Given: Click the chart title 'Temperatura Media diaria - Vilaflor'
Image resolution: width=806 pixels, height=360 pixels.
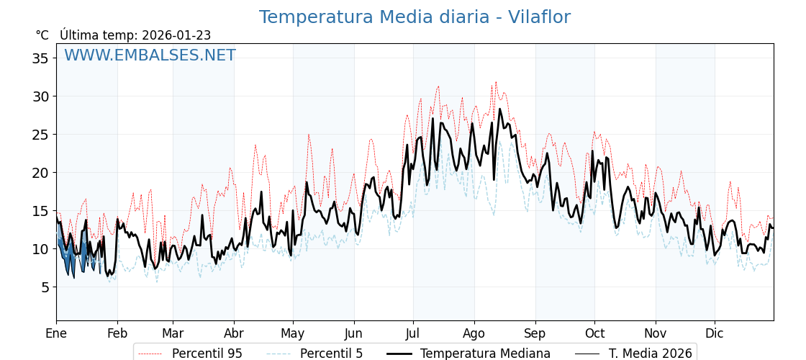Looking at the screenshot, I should click(x=415, y=17).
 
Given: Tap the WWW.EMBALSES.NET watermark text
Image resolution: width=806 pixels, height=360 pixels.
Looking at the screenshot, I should click(x=150, y=55).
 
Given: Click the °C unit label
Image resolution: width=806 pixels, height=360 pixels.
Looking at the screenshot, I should click(x=42, y=35).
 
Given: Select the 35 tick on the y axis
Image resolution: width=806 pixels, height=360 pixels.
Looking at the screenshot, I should click(x=40, y=58).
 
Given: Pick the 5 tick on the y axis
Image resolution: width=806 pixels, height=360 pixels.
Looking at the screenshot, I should click(x=45, y=287).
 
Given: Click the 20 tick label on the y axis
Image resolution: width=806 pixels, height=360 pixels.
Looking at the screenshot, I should click(x=40, y=173).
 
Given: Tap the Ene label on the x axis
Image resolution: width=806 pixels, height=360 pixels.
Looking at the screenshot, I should click(x=56, y=333).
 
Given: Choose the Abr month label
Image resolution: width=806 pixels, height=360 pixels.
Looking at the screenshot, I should click(x=234, y=333).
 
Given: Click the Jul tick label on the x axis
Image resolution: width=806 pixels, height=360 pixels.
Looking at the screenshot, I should click(x=413, y=333).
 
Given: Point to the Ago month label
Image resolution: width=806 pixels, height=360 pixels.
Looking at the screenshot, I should click(x=474, y=333).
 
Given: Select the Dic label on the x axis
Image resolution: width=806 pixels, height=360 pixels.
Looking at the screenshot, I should click(x=715, y=333).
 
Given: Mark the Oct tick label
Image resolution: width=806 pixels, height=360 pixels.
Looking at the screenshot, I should click(x=594, y=333).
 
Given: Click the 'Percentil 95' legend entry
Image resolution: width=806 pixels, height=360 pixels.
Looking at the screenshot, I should click(x=207, y=354).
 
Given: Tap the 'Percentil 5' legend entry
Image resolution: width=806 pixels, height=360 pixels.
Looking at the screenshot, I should click(x=331, y=354).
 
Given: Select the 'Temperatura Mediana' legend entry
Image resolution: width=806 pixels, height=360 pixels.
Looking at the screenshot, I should click(x=485, y=354).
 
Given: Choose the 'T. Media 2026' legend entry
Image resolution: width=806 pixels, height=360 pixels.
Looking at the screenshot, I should click(x=650, y=354).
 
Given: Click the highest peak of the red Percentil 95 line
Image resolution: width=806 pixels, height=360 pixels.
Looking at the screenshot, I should click(x=495, y=82).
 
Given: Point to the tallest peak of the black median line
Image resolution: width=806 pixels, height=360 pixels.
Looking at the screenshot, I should click(x=500, y=109).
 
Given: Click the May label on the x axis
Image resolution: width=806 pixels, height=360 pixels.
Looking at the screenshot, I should click(x=293, y=333).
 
